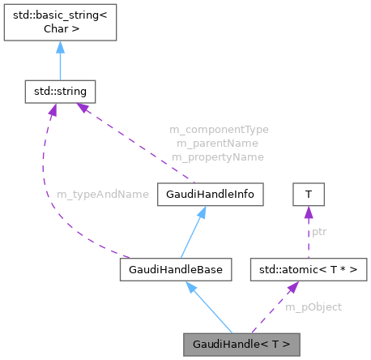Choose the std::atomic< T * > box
pos(309,267)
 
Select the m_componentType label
pos(219,129)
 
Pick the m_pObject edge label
pos(313,306)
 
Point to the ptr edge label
pos(320,231)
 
